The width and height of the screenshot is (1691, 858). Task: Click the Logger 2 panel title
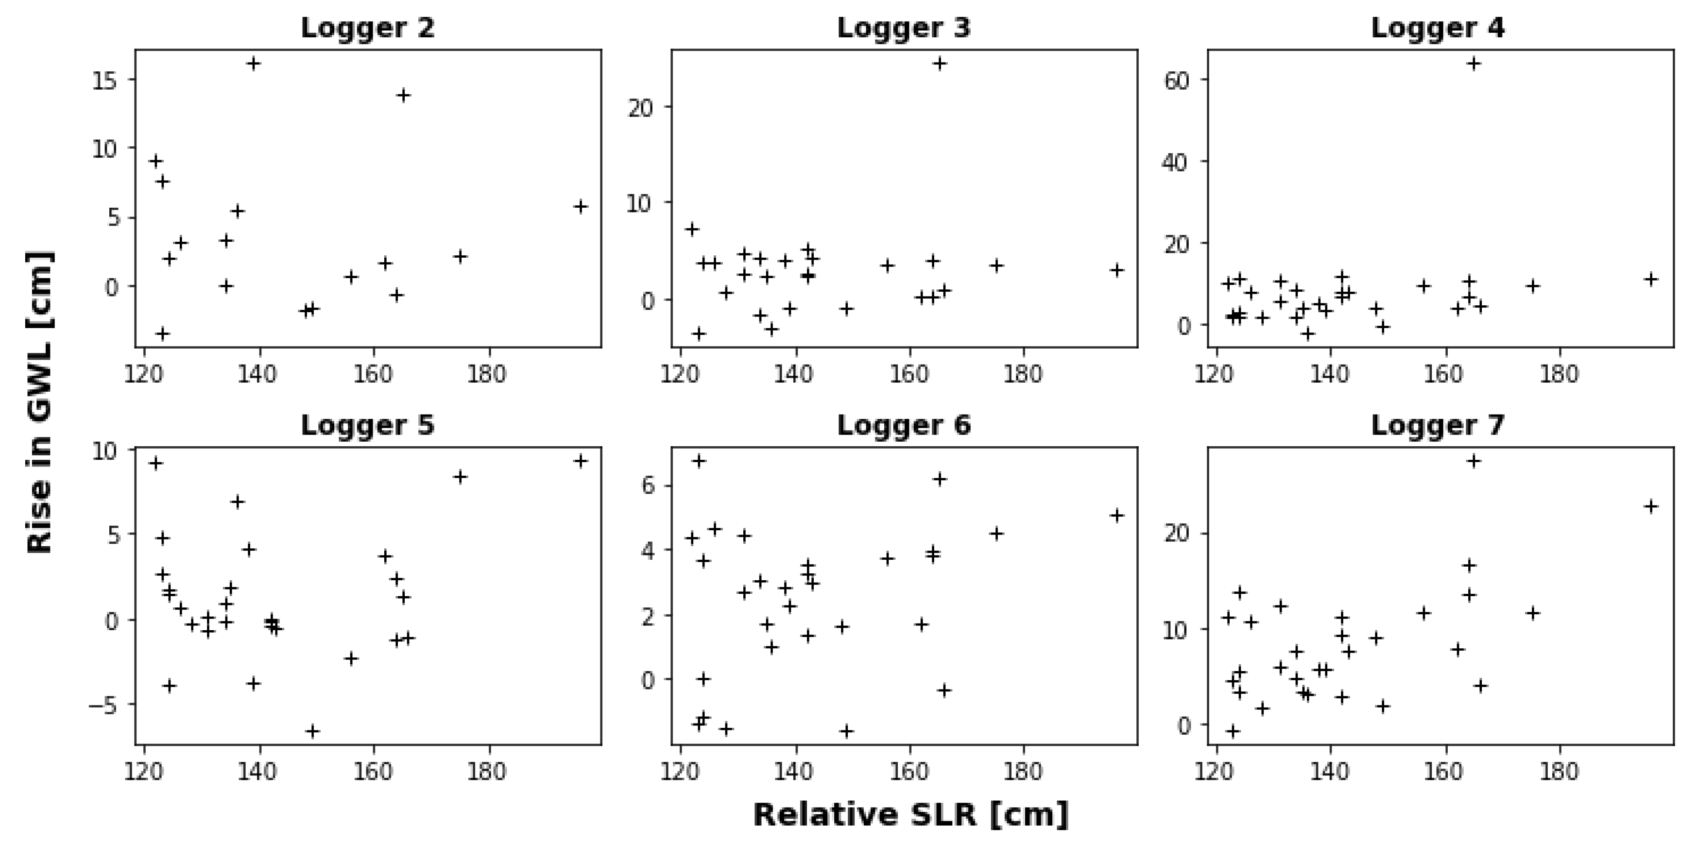[x=367, y=28]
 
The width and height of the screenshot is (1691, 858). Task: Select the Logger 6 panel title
[x=903, y=425]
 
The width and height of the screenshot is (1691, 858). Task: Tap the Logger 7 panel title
[x=1437, y=425]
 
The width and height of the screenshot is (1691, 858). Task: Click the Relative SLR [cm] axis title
[x=910, y=815]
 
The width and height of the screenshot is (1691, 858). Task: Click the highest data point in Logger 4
[x=1474, y=63]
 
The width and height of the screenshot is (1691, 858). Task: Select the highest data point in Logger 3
[x=939, y=63]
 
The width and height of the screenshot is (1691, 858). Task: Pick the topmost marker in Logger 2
[x=254, y=63]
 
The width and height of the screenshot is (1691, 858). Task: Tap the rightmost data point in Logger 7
[x=1650, y=506]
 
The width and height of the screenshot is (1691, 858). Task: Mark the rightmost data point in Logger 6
[x=1117, y=515]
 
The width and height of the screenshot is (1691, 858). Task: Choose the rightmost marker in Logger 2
[x=580, y=207]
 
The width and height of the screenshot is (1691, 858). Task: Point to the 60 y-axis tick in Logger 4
[x=1177, y=80]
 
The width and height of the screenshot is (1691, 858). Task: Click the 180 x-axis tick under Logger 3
[x=1023, y=374]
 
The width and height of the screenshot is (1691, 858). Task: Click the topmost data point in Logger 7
[x=1474, y=461]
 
